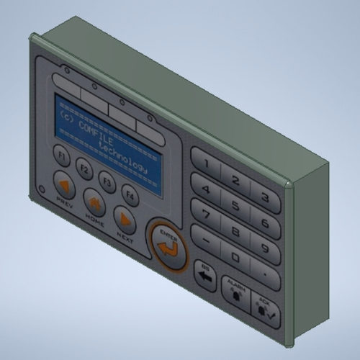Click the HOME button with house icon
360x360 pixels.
click(x=94, y=202)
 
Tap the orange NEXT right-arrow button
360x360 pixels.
click(x=125, y=220)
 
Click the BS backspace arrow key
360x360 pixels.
click(x=204, y=276)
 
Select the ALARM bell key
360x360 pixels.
click(x=232, y=290)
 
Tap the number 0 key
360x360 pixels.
click(x=235, y=256)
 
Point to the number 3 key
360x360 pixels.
click(x=265, y=197)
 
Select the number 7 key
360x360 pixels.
click(x=206, y=214)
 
